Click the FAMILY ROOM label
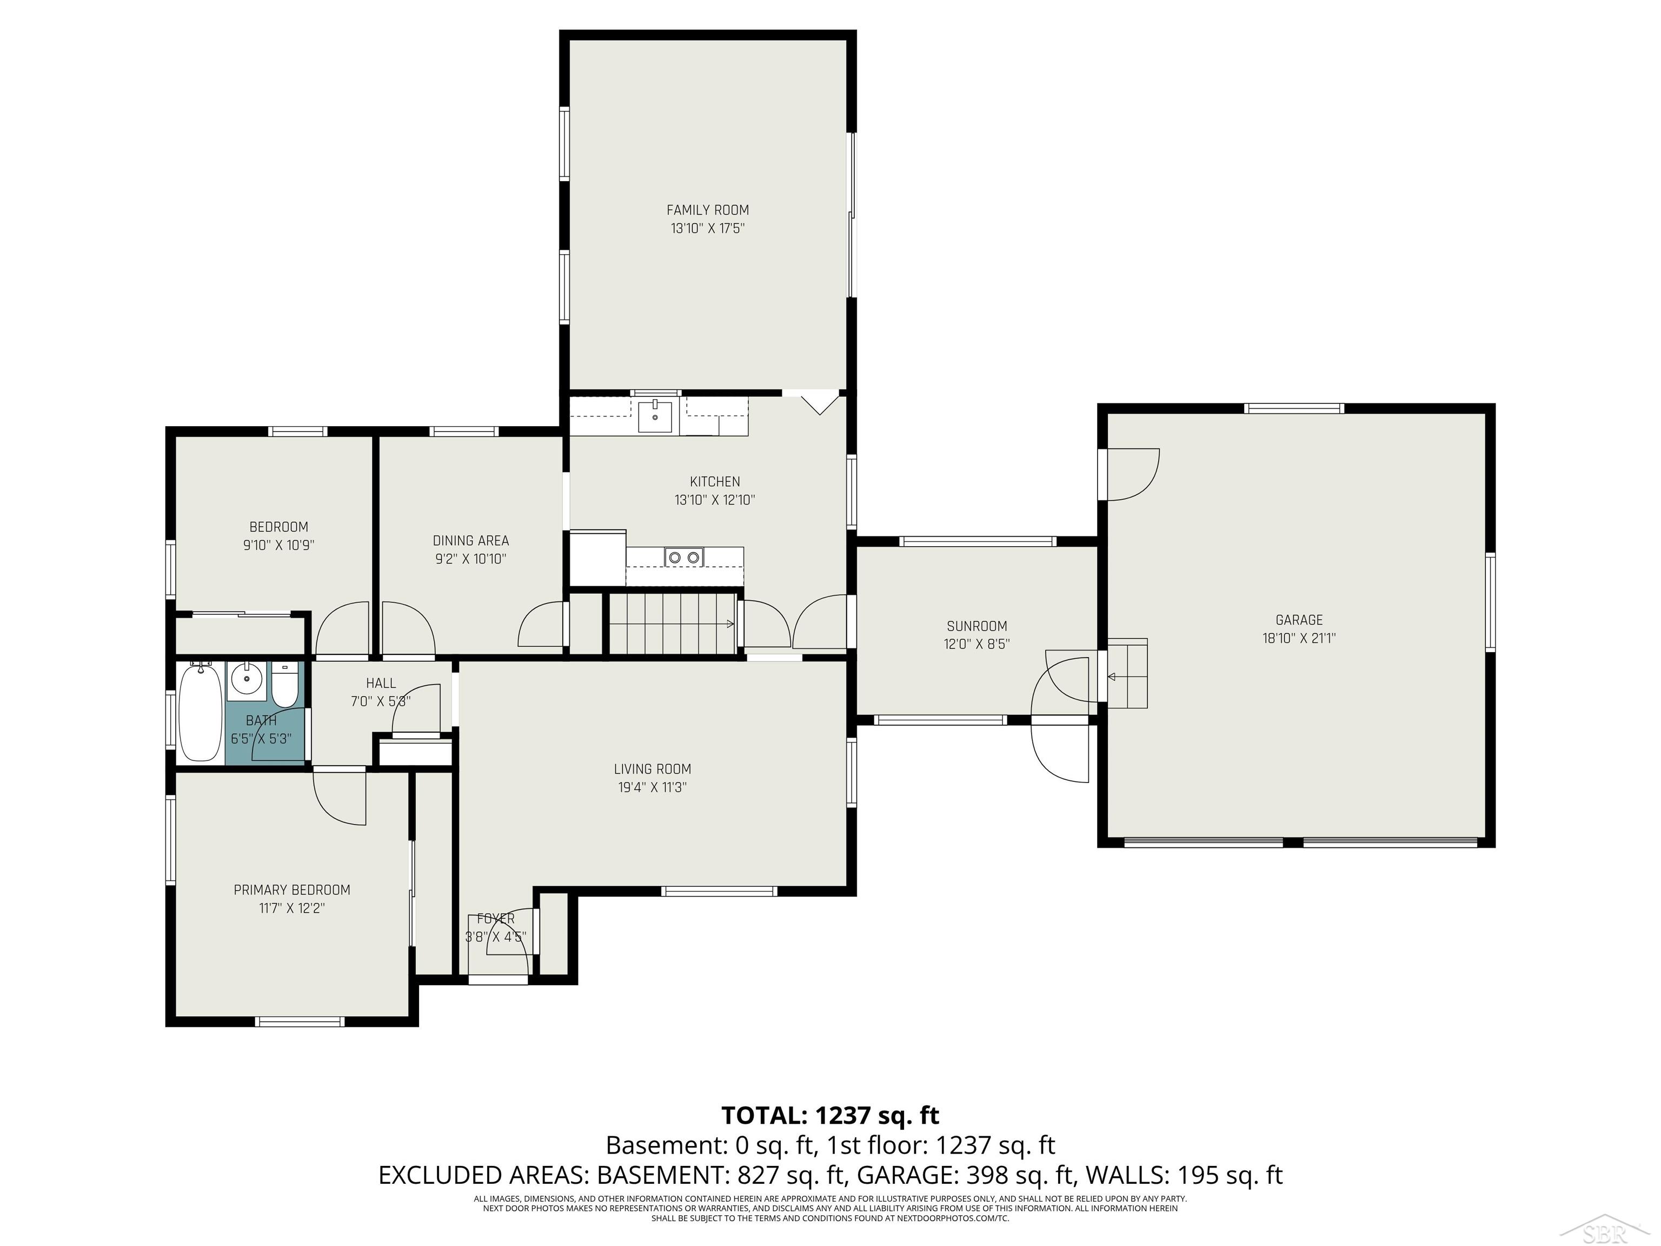[x=707, y=210]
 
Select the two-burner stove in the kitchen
[x=684, y=556]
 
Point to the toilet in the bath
[x=284, y=684]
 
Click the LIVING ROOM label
[x=652, y=769]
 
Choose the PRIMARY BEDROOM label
[x=291, y=890]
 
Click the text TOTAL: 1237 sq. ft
[x=830, y=1115]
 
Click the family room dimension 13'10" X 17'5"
[x=707, y=228]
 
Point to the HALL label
[x=381, y=684]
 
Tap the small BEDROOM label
[x=278, y=527]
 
